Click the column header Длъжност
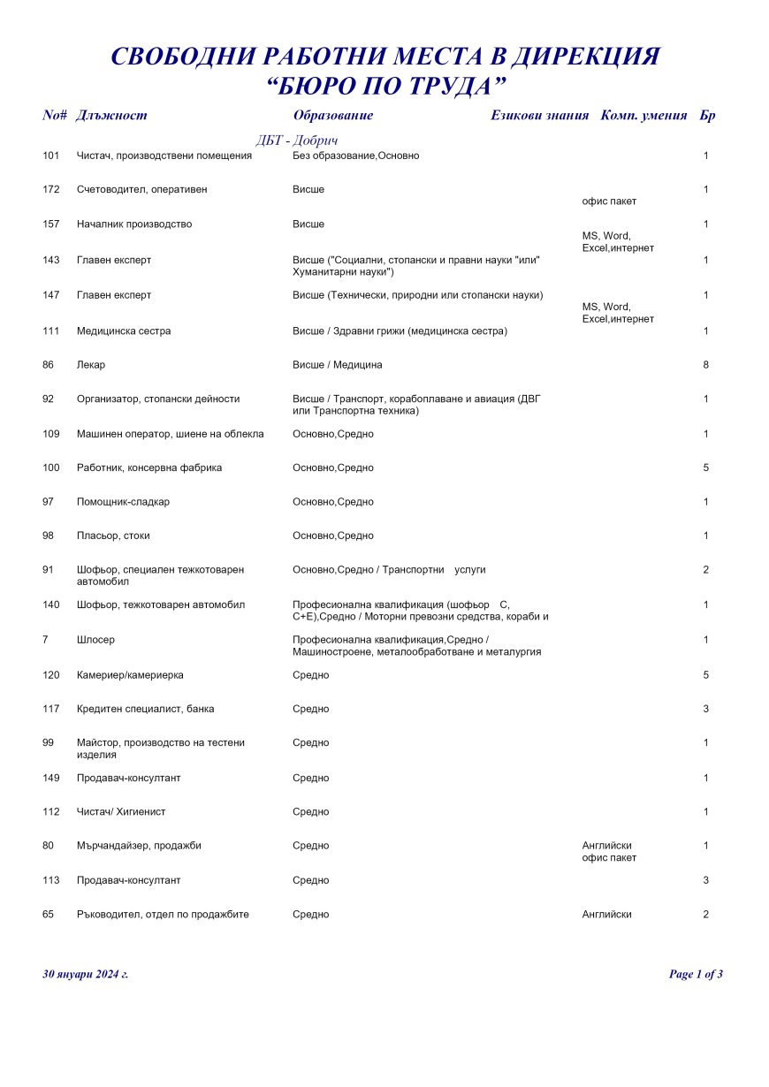point(111,116)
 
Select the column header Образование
point(332,116)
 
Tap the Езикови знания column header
point(539,116)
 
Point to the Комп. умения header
point(643,116)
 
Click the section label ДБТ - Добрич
point(297,141)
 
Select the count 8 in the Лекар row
point(706,365)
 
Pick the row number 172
point(50,190)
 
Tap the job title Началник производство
point(133,224)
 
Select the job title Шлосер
point(95,640)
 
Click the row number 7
point(45,640)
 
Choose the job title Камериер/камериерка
point(130,675)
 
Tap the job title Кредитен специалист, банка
point(145,709)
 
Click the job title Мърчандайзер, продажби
point(139,846)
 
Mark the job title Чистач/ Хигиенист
point(121,812)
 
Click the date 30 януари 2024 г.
point(85,975)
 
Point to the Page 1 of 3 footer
point(696,975)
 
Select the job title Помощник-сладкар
point(123,502)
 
